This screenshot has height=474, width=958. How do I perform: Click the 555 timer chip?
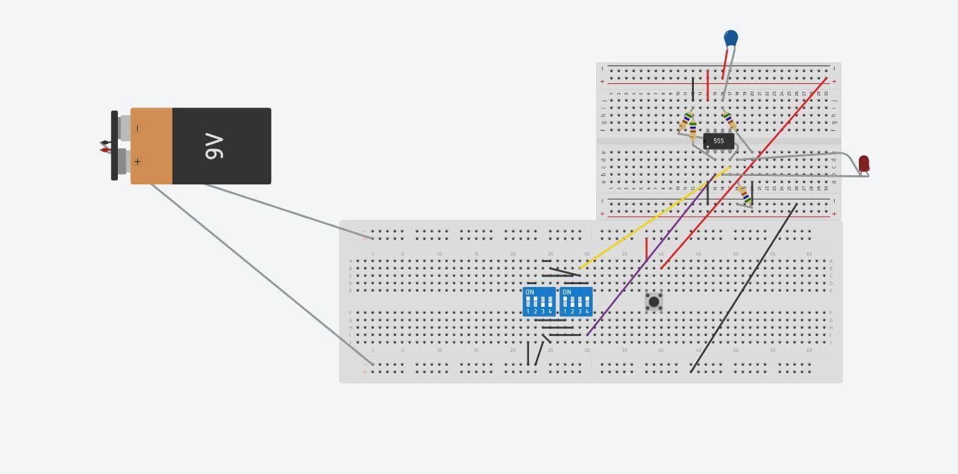[x=718, y=141]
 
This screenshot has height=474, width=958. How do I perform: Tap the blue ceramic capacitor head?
[x=731, y=37]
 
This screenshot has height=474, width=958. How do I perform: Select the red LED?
[x=864, y=164]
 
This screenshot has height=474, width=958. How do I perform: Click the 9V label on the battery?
[x=215, y=146]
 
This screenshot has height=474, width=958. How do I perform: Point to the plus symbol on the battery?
[x=137, y=161]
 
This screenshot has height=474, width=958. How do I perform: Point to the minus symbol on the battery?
[x=137, y=128]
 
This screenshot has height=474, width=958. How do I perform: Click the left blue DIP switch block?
[x=539, y=301]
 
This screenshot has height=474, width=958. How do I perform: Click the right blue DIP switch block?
[x=576, y=301]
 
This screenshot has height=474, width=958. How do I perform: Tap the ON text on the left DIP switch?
[x=530, y=292]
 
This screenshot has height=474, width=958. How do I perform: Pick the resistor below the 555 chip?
[x=745, y=195]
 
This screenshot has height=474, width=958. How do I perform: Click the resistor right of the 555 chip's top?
[x=729, y=121]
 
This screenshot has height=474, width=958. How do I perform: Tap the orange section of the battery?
[x=151, y=146]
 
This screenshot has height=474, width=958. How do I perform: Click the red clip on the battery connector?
[x=104, y=150]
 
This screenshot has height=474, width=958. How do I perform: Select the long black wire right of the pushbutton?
[x=743, y=288]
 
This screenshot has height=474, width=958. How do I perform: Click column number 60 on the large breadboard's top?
[x=809, y=254]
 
